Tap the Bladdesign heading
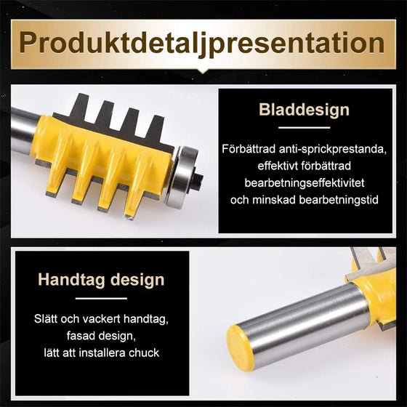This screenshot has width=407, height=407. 304,110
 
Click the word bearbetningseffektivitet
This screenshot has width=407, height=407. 305,182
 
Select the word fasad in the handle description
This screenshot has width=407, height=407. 77,337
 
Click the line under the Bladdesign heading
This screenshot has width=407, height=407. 305,127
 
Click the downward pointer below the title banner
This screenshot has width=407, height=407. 203,73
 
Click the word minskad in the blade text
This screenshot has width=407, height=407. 274,200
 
